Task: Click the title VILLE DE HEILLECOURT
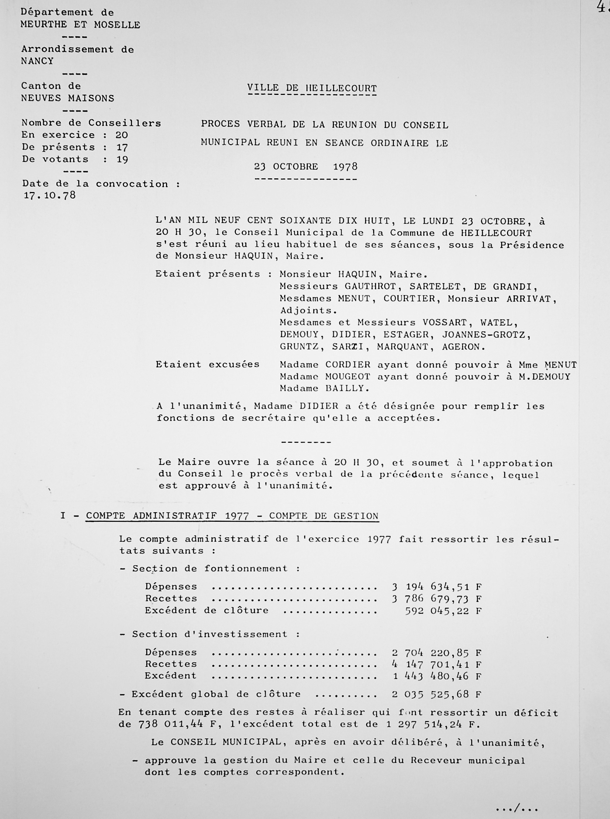(312, 89)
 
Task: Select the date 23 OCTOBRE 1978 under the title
(306, 167)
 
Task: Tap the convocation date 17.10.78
(50, 195)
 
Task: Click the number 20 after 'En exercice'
(121, 135)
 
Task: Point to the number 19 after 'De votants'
(122, 160)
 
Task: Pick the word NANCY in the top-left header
(37, 61)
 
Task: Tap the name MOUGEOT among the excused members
(348, 377)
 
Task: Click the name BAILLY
(347, 388)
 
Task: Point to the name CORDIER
(348, 365)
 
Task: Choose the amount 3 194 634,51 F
(437, 587)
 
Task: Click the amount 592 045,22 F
(443, 611)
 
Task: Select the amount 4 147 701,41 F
(437, 664)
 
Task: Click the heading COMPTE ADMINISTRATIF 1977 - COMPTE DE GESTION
(232, 516)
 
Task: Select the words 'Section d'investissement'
(209, 634)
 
